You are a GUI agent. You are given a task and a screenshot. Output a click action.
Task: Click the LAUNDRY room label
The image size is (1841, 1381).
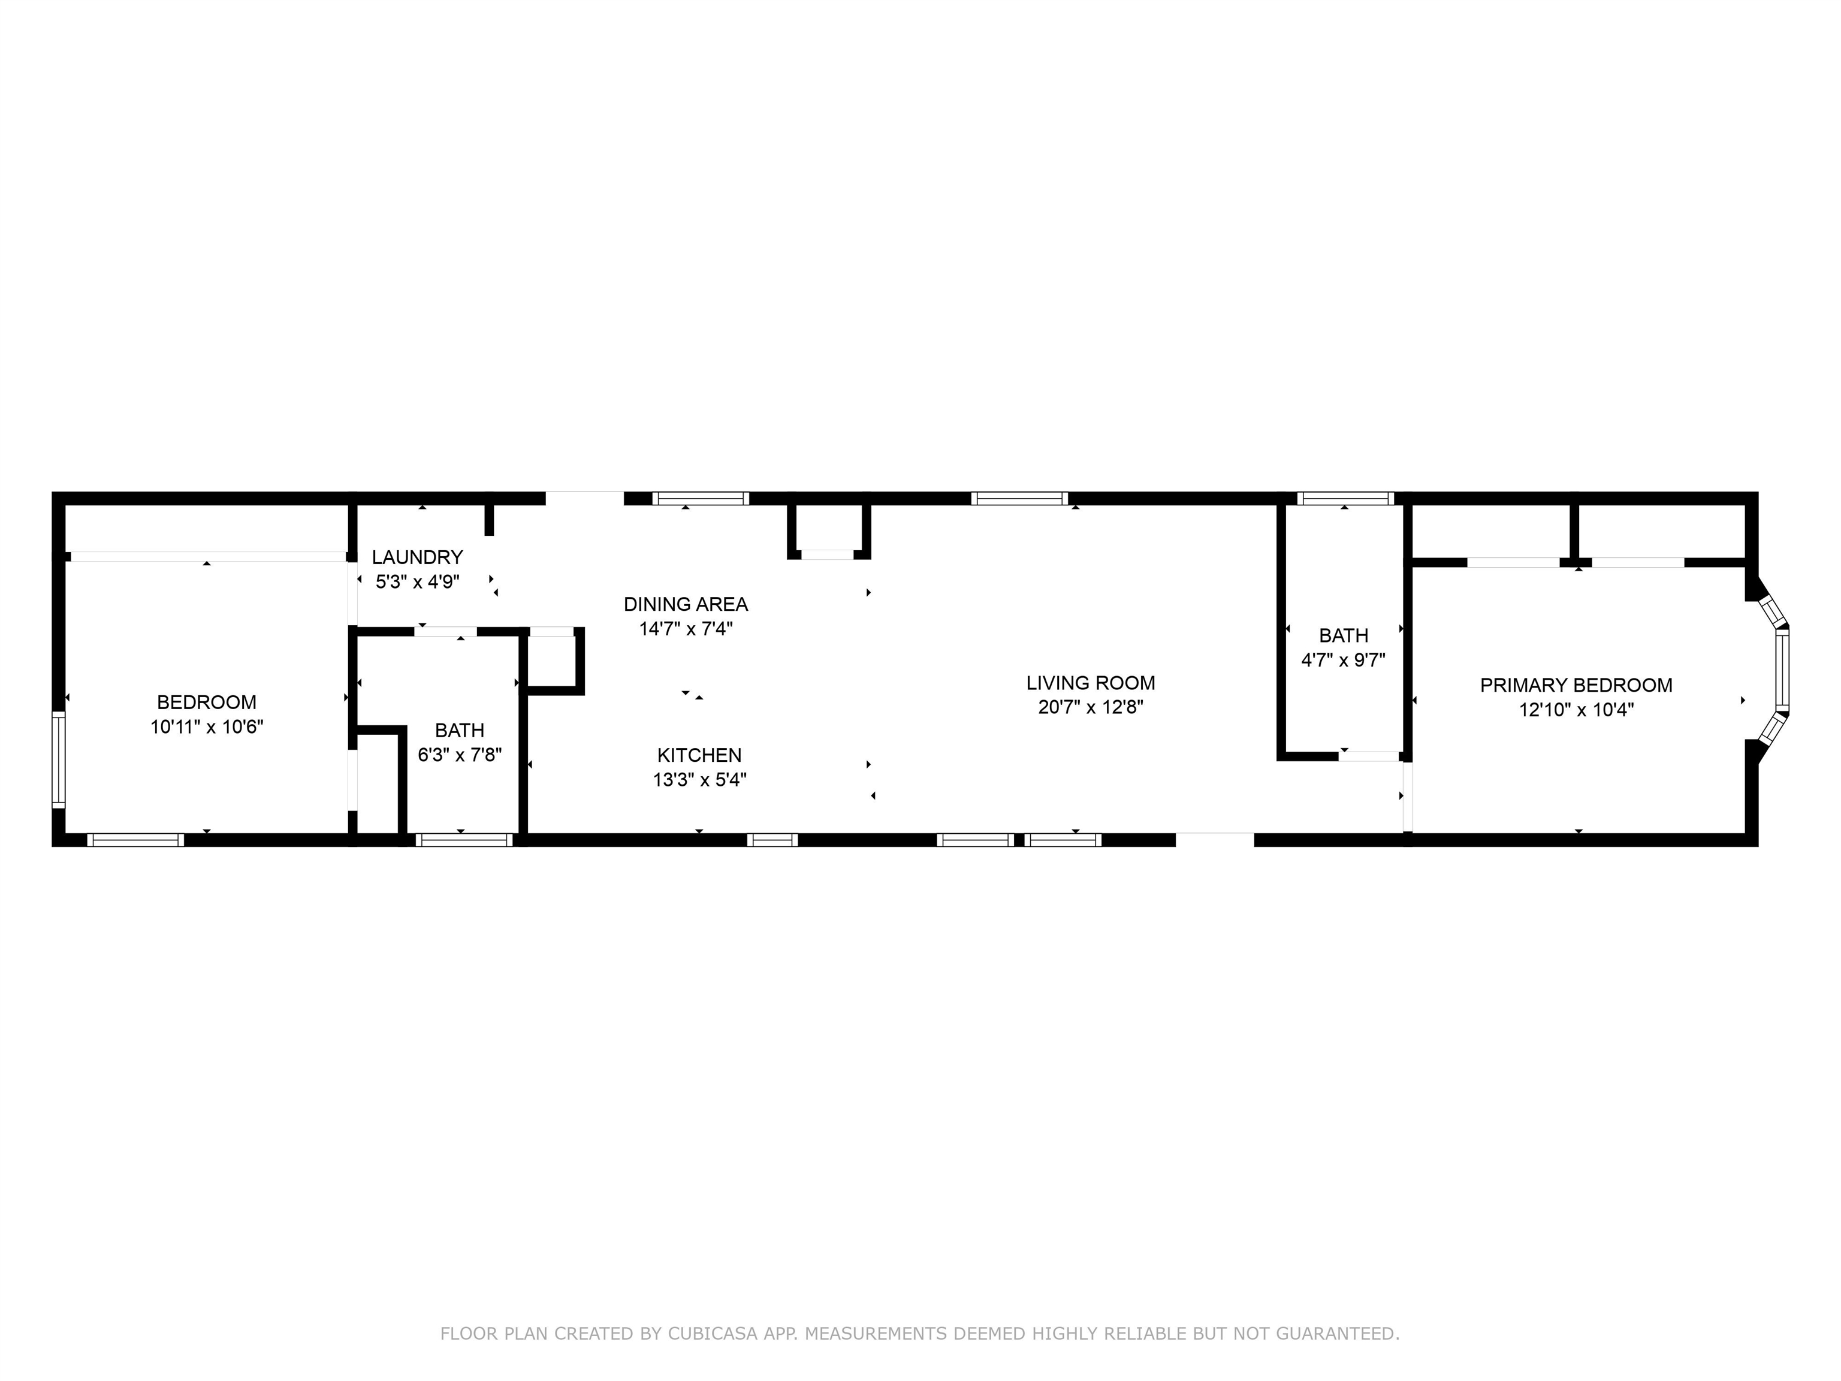[x=417, y=557]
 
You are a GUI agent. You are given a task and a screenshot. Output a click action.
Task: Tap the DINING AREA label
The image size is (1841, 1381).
[x=686, y=604]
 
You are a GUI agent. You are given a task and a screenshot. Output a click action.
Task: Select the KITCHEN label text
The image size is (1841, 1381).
[x=699, y=755]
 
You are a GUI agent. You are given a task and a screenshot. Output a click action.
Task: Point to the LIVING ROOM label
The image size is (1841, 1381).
[x=1090, y=683]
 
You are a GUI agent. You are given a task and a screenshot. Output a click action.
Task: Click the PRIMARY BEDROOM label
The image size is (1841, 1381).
[x=1576, y=685]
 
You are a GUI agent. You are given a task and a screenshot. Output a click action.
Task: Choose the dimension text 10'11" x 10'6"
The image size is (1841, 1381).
[x=206, y=726]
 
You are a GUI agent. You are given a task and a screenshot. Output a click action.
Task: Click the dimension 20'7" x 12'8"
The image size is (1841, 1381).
[x=1090, y=707]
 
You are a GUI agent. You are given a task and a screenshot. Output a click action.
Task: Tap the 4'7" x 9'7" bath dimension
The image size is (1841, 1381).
[x=1344, y=660]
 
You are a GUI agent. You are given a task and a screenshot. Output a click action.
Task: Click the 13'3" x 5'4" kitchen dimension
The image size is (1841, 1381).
[x=699, y=780]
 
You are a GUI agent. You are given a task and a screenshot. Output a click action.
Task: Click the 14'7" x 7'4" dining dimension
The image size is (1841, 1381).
[x=686, y=629]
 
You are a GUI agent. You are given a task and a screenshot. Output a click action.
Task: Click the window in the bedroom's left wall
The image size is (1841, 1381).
[x=58, y=759]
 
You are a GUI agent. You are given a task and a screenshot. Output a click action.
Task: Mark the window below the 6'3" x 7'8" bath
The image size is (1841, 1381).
[x=464, y=840]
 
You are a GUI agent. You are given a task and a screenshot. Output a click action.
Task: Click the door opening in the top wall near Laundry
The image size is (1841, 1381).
[x=584, y=499]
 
